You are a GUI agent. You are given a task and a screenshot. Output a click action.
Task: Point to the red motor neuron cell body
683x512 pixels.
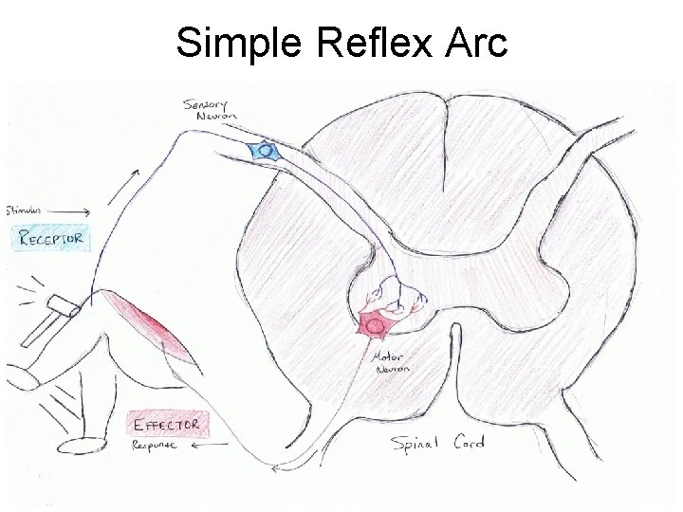374,325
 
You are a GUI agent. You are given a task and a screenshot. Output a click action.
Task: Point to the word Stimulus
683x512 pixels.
23,206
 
